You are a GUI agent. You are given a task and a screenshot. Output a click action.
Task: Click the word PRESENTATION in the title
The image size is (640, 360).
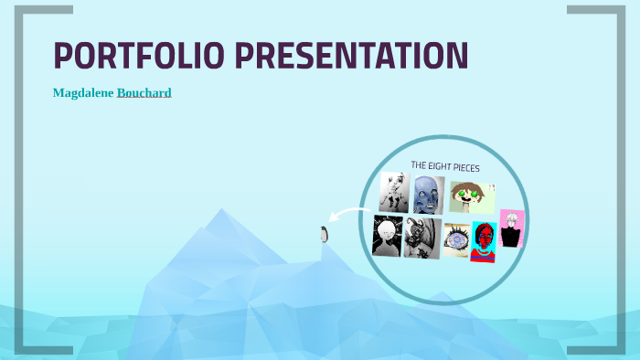click(x=352, y=56)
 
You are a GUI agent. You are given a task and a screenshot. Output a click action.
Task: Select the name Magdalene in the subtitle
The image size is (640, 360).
click(x=83, y=93)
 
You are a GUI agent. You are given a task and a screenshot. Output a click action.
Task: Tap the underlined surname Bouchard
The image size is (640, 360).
click(x=144, y=93)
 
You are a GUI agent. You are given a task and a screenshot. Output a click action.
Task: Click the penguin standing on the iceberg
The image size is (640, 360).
click(x=323, y=234)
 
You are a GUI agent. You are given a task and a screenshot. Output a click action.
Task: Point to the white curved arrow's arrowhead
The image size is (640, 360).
click(x=335, y=218)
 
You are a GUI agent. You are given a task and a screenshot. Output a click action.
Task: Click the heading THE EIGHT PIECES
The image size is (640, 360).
click(x=445, y=166)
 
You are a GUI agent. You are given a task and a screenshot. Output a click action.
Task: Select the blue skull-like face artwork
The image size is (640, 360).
click(x=425, y=195)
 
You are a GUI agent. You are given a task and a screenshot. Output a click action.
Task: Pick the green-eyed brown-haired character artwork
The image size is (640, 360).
click(x=471, y=196)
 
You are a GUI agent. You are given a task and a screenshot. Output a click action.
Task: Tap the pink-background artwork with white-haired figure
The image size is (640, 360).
click(x=511, y=229)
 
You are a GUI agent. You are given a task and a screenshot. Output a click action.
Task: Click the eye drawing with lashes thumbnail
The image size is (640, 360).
click(x=457, y=240)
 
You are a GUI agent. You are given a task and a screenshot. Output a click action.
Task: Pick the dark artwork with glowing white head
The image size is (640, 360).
click(x=387, y=237)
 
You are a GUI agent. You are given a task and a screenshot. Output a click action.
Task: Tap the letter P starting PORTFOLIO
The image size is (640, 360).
click(x=64, y=56)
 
